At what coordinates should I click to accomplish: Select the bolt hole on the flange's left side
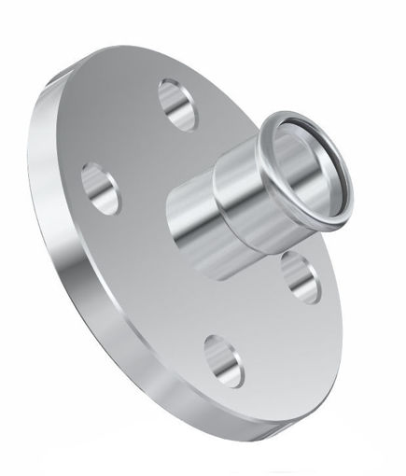[101, 188]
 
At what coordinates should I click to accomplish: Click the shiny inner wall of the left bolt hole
[93, 180]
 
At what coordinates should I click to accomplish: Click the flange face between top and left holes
[131, 140]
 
